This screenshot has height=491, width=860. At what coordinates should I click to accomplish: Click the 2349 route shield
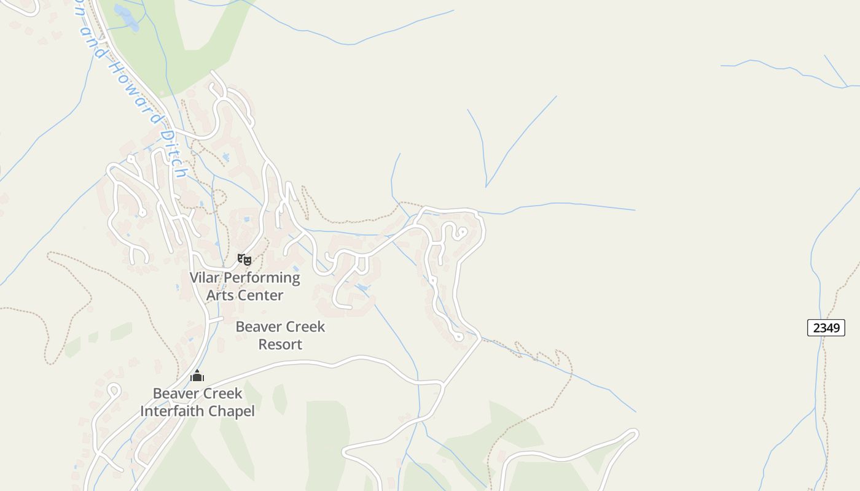click(x=826, y=328)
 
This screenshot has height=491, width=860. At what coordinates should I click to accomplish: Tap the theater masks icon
click(x=244, y=259)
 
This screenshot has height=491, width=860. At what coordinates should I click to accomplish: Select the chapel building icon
click(x=197, y=376)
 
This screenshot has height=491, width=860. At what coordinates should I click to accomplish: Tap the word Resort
click(x=280, y=344)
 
